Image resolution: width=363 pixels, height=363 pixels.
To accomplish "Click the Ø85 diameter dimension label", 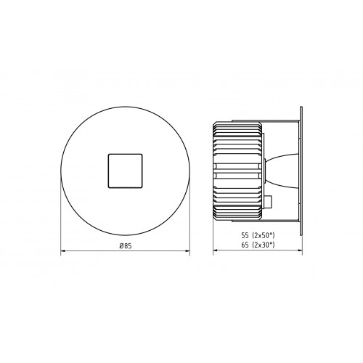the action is (x=126, y=246).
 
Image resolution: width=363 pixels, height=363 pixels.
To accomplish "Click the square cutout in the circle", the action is (x=125, y=171).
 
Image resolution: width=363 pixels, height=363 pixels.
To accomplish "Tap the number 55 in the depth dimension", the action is (x=245, y=235).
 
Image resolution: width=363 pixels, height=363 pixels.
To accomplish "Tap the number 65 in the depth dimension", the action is (x=245, y=245).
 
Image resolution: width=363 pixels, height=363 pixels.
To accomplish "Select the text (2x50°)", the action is (x=264, y=235).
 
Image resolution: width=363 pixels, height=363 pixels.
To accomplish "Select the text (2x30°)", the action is (x=264, y=245).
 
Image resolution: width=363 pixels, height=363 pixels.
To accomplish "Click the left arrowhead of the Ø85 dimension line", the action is (x=63, y=251).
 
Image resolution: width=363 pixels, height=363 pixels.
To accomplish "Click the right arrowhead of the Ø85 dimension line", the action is (x=187, y=251).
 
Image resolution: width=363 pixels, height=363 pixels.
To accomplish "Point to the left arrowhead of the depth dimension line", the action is (x=216, y=251).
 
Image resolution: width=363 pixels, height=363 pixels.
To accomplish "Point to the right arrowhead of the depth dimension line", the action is (x=300, y=251).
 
